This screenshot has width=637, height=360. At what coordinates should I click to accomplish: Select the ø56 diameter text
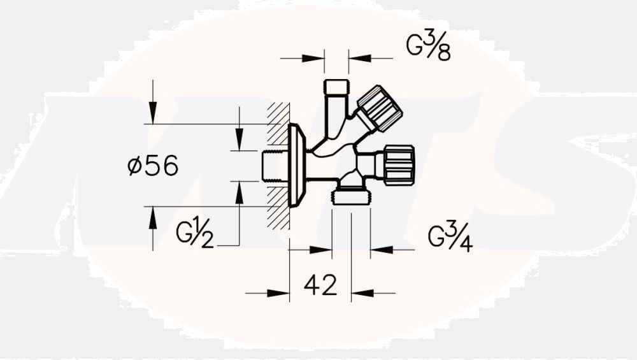153,166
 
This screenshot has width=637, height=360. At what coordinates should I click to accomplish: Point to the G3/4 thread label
450,238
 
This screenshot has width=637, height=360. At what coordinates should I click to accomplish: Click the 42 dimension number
320,286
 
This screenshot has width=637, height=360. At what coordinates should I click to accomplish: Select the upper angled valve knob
379,108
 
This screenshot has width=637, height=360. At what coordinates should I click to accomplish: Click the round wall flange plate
297,165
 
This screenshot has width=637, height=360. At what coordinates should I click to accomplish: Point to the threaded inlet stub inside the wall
275,166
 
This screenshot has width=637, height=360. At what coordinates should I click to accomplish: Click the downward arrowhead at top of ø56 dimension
153,115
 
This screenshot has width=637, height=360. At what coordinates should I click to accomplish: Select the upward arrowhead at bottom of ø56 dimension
153,216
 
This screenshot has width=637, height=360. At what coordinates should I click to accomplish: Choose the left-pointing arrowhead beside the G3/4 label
380,250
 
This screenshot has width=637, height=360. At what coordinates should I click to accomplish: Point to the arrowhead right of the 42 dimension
361,293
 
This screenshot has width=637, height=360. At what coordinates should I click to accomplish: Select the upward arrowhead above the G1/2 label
239,191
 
